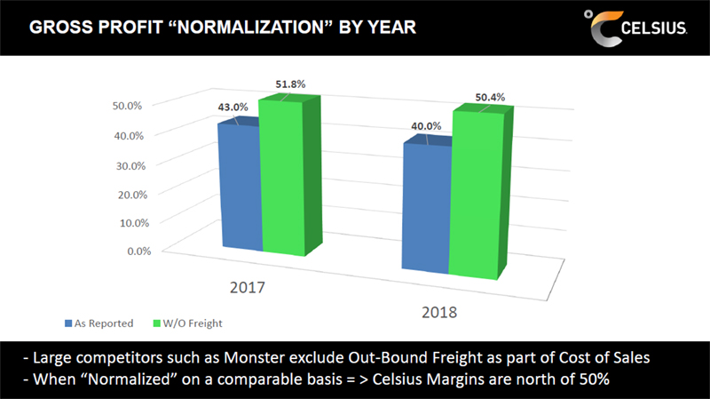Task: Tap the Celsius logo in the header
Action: point(635,28)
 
